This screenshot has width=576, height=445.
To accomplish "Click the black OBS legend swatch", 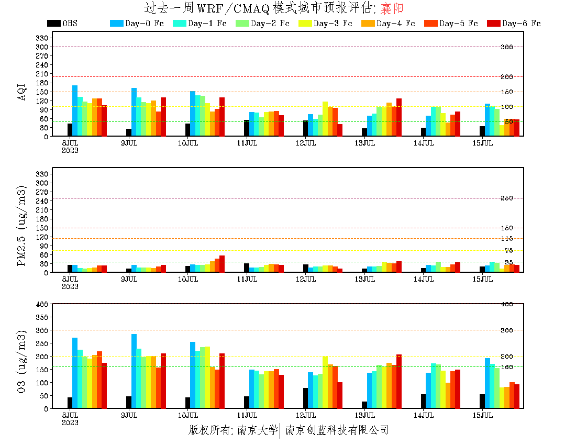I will coord(53,23).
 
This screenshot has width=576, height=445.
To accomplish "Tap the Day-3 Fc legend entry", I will coord(325,23).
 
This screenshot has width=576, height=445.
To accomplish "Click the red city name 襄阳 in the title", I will coord(392,8).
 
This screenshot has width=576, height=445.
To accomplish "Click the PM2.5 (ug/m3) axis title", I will coord(21,226).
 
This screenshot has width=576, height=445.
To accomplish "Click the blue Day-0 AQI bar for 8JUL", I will coord(75,110).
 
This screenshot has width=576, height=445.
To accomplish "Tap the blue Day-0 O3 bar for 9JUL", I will coord(134,371).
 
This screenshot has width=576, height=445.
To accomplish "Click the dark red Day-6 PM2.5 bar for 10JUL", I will coord(222,264).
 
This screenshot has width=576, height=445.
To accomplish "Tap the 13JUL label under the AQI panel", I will coord(365,143).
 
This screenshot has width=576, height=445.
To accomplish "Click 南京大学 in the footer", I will coord(257,430).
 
